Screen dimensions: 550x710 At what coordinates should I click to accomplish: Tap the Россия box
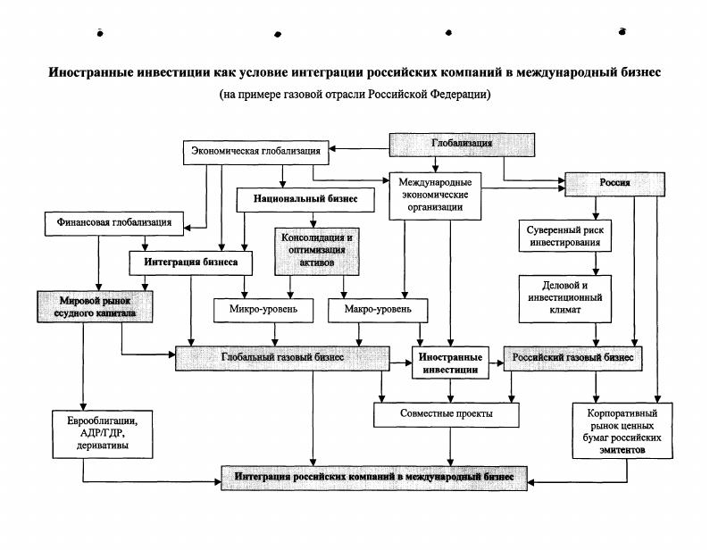pyautogui.click(x=614, y=182)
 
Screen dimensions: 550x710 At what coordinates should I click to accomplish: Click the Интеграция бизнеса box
pyautogui.click(x=185, y=263)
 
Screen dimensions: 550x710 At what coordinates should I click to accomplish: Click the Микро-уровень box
pyautogui.click(x=261, y=310)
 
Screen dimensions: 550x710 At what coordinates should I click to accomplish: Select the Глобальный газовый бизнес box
pyautogui.click(x=282, y=357)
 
